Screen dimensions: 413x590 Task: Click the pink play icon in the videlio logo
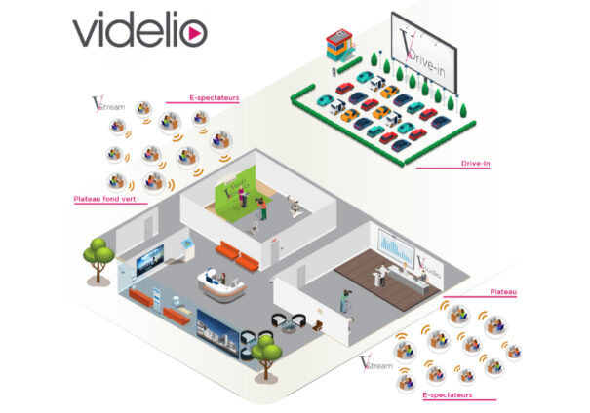coord(193,33)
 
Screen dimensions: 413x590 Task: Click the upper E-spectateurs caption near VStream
coord(215,98)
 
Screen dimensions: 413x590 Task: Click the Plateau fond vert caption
coord(104,199)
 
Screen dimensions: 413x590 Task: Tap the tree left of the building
coord(98,255)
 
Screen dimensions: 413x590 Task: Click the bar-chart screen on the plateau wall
coord(396,247)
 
